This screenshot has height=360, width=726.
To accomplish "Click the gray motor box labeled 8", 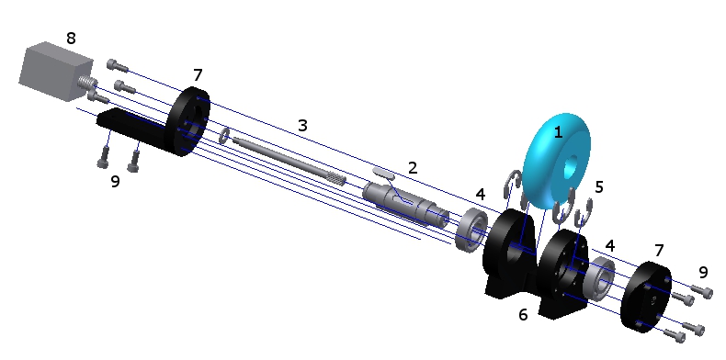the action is click(55, 71).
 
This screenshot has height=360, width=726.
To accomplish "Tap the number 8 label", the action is click(71, 39).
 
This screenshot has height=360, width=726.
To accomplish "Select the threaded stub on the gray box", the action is click(87, 83).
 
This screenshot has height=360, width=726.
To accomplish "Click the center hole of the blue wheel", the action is click(571, 164).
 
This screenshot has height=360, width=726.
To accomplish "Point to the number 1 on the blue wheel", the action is click(558, 132).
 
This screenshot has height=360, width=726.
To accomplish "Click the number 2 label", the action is click(413, 167).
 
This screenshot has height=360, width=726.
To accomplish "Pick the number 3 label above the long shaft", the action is click(302, 125).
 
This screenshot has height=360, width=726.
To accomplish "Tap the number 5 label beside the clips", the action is click(599, 187).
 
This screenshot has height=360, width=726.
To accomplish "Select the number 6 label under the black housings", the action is click(523, 315).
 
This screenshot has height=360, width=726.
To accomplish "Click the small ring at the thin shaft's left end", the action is click(224, 136).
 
